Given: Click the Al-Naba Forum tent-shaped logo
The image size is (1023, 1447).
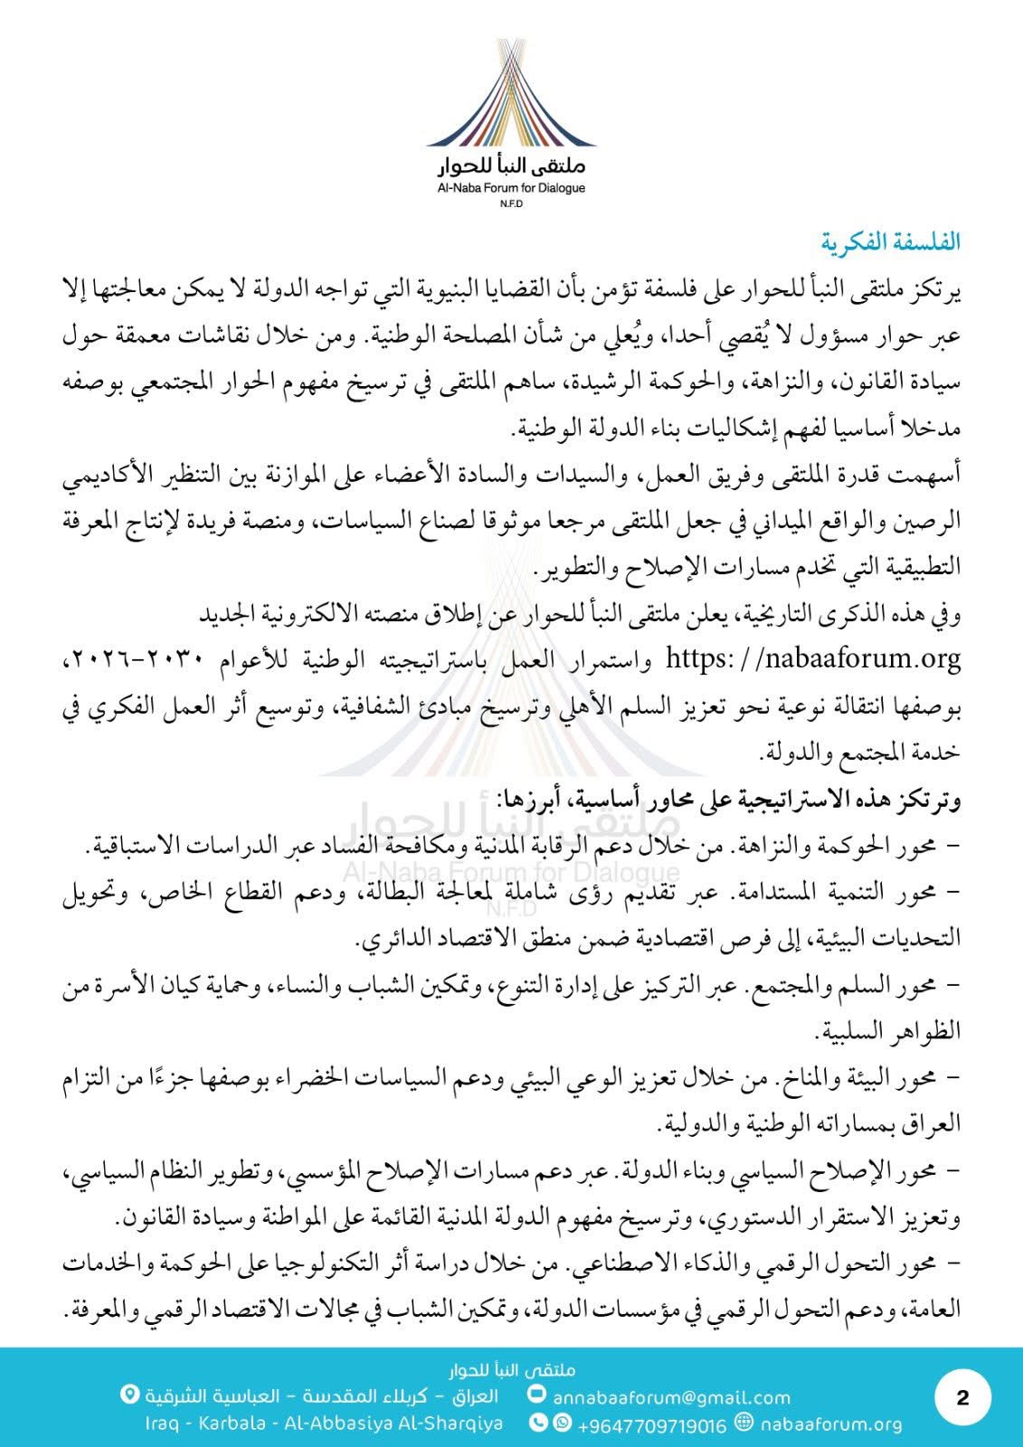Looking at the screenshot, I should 511,95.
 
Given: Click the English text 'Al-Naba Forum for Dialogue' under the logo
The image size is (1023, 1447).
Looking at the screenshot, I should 511,189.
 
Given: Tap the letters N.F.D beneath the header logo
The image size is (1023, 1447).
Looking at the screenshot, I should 511,204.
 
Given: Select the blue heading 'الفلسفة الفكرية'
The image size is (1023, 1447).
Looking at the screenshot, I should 891,242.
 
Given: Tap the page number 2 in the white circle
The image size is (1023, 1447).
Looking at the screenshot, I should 961,1397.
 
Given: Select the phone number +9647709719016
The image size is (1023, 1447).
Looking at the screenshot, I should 651,1425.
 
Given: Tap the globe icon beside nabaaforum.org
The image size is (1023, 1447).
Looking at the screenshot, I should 744,1423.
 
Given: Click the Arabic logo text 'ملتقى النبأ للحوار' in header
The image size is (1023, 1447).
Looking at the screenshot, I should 511,167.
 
